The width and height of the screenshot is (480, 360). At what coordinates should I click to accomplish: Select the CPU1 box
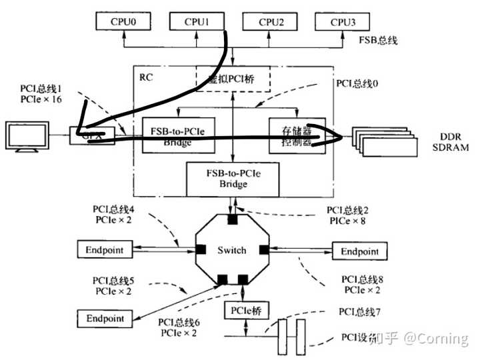tap(197, 21)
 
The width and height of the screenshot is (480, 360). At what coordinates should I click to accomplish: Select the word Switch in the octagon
tap(232, 250)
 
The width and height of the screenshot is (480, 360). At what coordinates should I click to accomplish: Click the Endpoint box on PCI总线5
tap(105, 318)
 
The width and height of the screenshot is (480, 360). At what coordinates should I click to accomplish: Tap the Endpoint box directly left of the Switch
tap(105, 251)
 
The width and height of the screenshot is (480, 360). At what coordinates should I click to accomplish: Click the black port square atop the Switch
tap(232, 219)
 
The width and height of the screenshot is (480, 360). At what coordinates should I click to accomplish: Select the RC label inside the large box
tap(146, 77)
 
